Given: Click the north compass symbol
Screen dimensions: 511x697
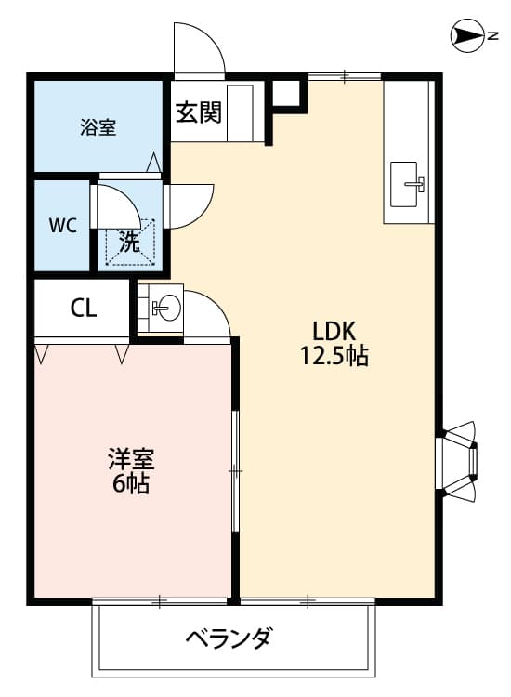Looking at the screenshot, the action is tap(466, 36).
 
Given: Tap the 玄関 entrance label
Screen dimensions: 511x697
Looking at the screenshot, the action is tap(198, 112).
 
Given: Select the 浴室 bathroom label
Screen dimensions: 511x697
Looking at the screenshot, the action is tap(98, 127).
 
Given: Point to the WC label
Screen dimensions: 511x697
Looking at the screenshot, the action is tap(62, 226).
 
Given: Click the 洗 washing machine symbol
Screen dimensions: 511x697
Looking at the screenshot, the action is tap(130, 242).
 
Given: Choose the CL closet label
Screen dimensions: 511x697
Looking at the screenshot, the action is tap(84, 308).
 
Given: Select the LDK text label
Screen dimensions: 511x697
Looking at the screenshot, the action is tap(334, 331).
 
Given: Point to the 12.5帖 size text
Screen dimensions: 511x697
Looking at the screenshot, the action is tap(334, 356).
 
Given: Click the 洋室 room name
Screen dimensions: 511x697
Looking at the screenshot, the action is tap(131, 460).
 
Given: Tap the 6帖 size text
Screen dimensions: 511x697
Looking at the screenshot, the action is tap(130, 483).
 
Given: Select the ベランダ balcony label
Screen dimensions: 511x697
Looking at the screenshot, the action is tap(228, 639).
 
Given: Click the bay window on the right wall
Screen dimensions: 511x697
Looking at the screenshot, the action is tap(459, 459).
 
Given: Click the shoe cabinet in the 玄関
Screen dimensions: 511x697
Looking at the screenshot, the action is tap(240, 112).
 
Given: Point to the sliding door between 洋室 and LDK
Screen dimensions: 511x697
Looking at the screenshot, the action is tap(235, 470).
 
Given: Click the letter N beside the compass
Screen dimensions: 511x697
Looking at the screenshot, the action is tap(492, 36).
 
